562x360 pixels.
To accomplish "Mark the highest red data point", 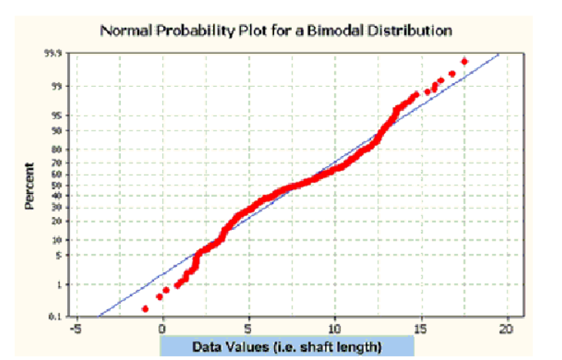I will click(x=464, y=61).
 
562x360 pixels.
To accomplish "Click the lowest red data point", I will click(x=146, y=308).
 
